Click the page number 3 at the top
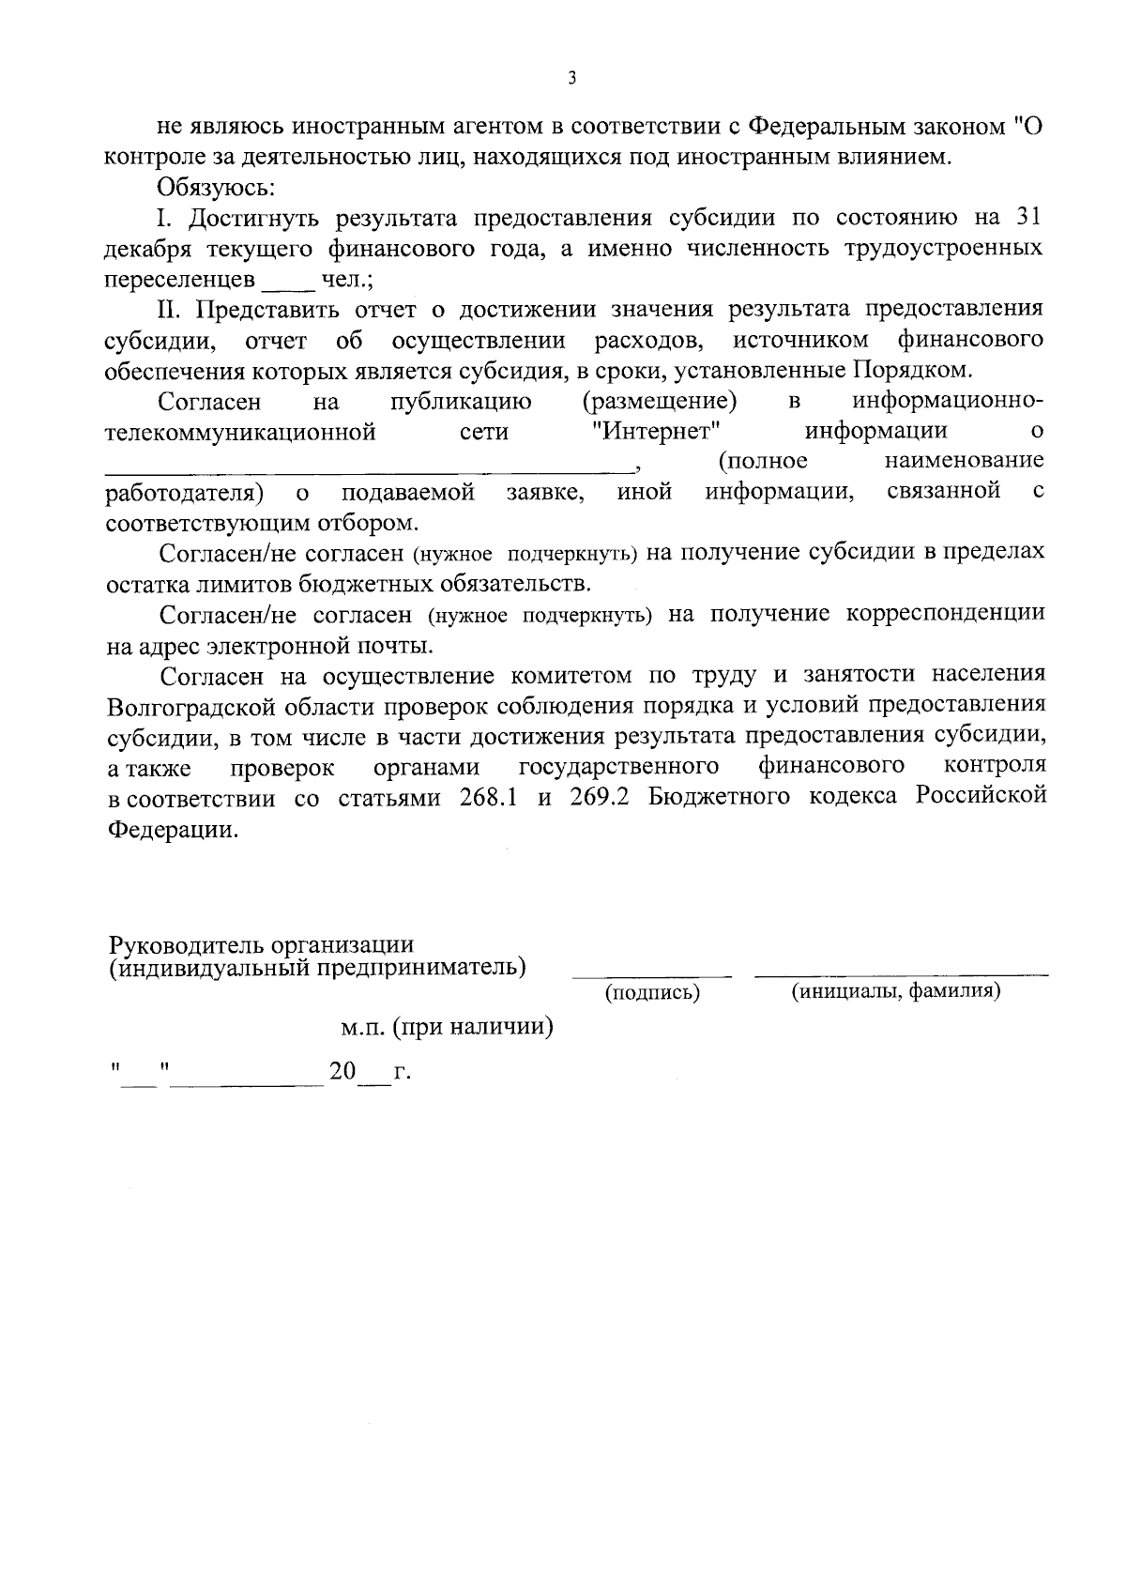pyautogui.click(x=571, y=79)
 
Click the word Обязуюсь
pyautogui.click(x=216, y=188)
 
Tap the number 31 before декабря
pyautogui.click(x=1028, y=218)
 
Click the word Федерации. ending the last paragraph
pyautogui.click(x=173, y=830)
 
